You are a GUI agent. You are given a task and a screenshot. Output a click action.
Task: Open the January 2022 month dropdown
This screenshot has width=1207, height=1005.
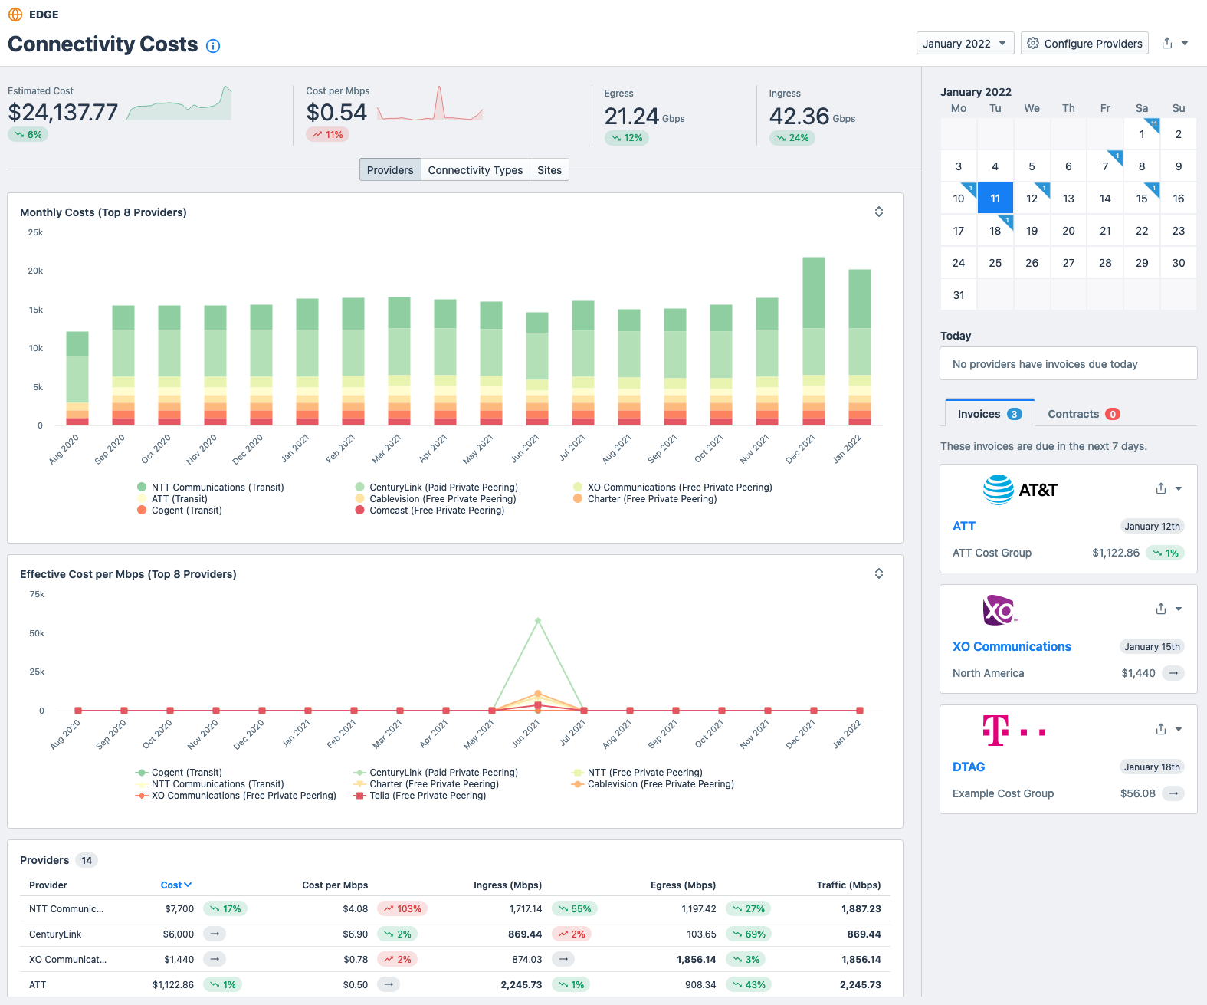point(964,44)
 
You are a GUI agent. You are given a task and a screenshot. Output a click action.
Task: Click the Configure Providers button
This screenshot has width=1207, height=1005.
point(1084,44)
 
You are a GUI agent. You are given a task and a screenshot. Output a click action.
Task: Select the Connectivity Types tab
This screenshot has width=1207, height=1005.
point(475,170)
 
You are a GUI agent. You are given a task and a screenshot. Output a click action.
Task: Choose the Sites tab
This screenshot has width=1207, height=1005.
point(549,170)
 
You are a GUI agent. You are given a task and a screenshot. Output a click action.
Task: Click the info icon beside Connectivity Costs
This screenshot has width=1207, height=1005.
point(213,46)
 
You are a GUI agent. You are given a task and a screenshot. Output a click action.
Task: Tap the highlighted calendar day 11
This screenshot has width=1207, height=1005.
point(995,199)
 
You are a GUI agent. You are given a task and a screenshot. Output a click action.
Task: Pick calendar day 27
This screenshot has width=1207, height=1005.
point(1068,263)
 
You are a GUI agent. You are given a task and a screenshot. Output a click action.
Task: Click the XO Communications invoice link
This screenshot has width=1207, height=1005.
point(1012,646)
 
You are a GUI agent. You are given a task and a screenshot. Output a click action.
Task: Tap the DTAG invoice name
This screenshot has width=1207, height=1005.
point(969,767)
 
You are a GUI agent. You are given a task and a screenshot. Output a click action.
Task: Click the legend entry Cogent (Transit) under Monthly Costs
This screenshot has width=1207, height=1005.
point(186,511)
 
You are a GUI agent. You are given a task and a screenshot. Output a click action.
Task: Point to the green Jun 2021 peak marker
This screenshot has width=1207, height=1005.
point(538,620)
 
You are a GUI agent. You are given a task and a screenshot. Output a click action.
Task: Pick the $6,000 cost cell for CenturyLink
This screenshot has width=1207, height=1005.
point(178,934)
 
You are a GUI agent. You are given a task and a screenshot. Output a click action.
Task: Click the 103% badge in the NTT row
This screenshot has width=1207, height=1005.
point(402,909)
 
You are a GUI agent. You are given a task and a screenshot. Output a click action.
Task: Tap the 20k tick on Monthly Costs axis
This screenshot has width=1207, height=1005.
point(35,271)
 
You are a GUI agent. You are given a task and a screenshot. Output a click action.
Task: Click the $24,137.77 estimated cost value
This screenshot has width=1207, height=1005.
point(63,113)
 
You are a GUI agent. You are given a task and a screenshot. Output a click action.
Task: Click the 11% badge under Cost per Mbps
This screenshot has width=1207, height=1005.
point(328,135)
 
